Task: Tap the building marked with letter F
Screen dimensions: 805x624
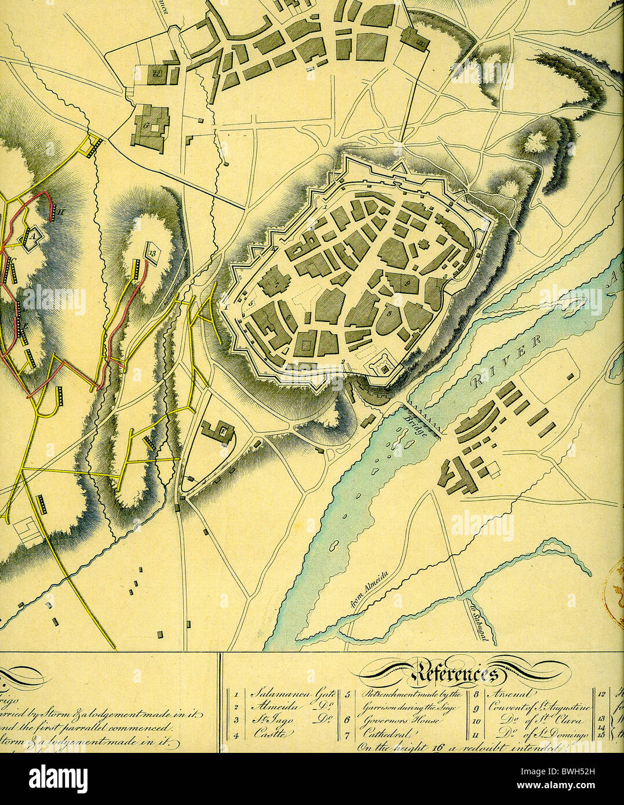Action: (219, 431)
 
